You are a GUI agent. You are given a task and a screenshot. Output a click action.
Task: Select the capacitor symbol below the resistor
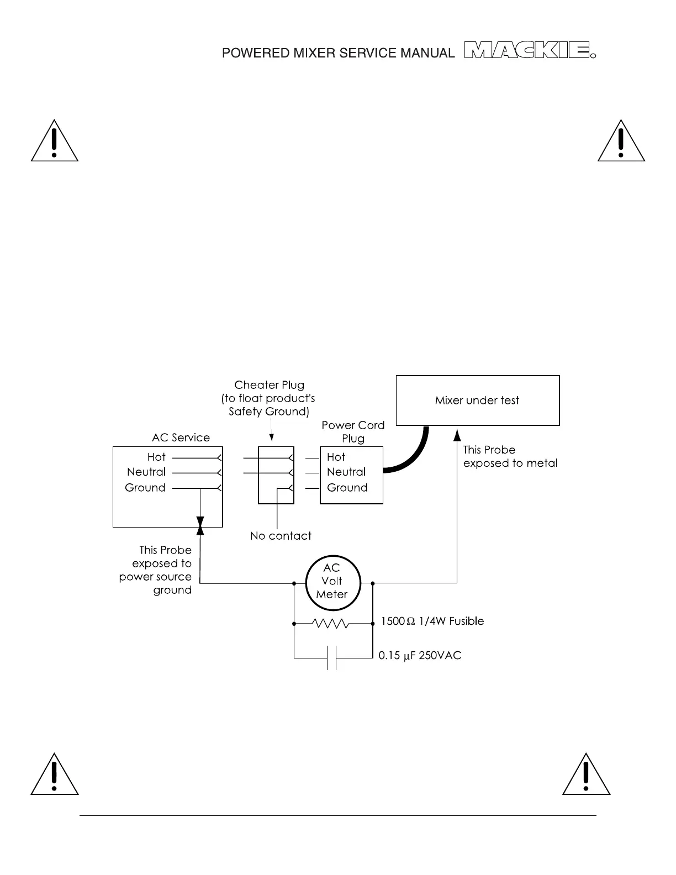pyautogui.click(x=332, y=657)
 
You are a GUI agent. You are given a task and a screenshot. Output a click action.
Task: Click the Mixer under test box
pyautogui.click(x=478, y=400)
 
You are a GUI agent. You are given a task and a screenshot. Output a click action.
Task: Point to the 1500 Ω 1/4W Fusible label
pyautogui.click(x=432, y=621)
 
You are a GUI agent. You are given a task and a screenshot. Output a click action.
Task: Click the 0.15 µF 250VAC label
pyautogui.click(x=420, y=656)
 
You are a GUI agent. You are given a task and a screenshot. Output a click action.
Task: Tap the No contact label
pyautogui.click(x=281, y=536)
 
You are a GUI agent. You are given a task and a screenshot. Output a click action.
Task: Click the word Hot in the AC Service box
pyautogui.click(x=156, y=457)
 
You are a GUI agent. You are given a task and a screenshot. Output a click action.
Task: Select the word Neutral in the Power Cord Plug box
pyautogui.click(x=346, y=472)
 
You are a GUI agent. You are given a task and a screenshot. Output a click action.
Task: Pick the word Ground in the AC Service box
pyautogui.click(x=145, y=488)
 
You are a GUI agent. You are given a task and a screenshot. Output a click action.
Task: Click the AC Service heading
pyautogui.click(x=181, y=438)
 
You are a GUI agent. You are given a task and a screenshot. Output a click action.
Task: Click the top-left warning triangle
pyautogui.click(x=54, y=143)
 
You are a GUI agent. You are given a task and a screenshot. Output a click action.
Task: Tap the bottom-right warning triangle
pyautogui.click(x=586, y=776)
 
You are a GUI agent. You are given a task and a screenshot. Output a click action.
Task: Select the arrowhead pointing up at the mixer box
pyautogui.click(x=457, y=435)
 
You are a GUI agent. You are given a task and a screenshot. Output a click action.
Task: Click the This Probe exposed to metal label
pyautogui.click(x=510, y=457)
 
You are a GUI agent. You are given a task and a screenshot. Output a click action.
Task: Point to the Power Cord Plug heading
pyautogui.click(x=353, y=431)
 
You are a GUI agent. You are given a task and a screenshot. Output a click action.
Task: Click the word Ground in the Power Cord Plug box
pyautogui.click(x=347, y=488)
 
